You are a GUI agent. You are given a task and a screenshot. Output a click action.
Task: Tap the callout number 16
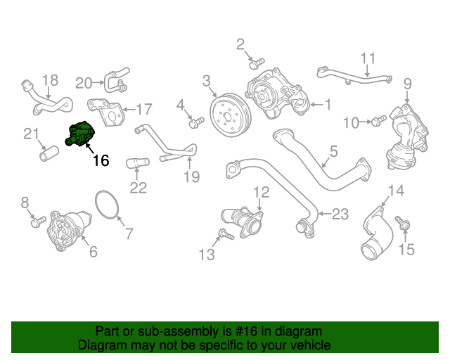(x=101, y=160)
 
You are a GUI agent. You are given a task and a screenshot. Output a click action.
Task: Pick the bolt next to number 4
(x=196, y=122)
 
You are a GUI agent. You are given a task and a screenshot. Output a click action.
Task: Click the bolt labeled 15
(x=404, y=224)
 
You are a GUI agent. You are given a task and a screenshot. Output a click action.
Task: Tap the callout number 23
(x=340, y=214)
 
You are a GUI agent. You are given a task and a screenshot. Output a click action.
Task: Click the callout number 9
(x=407, y=85)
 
